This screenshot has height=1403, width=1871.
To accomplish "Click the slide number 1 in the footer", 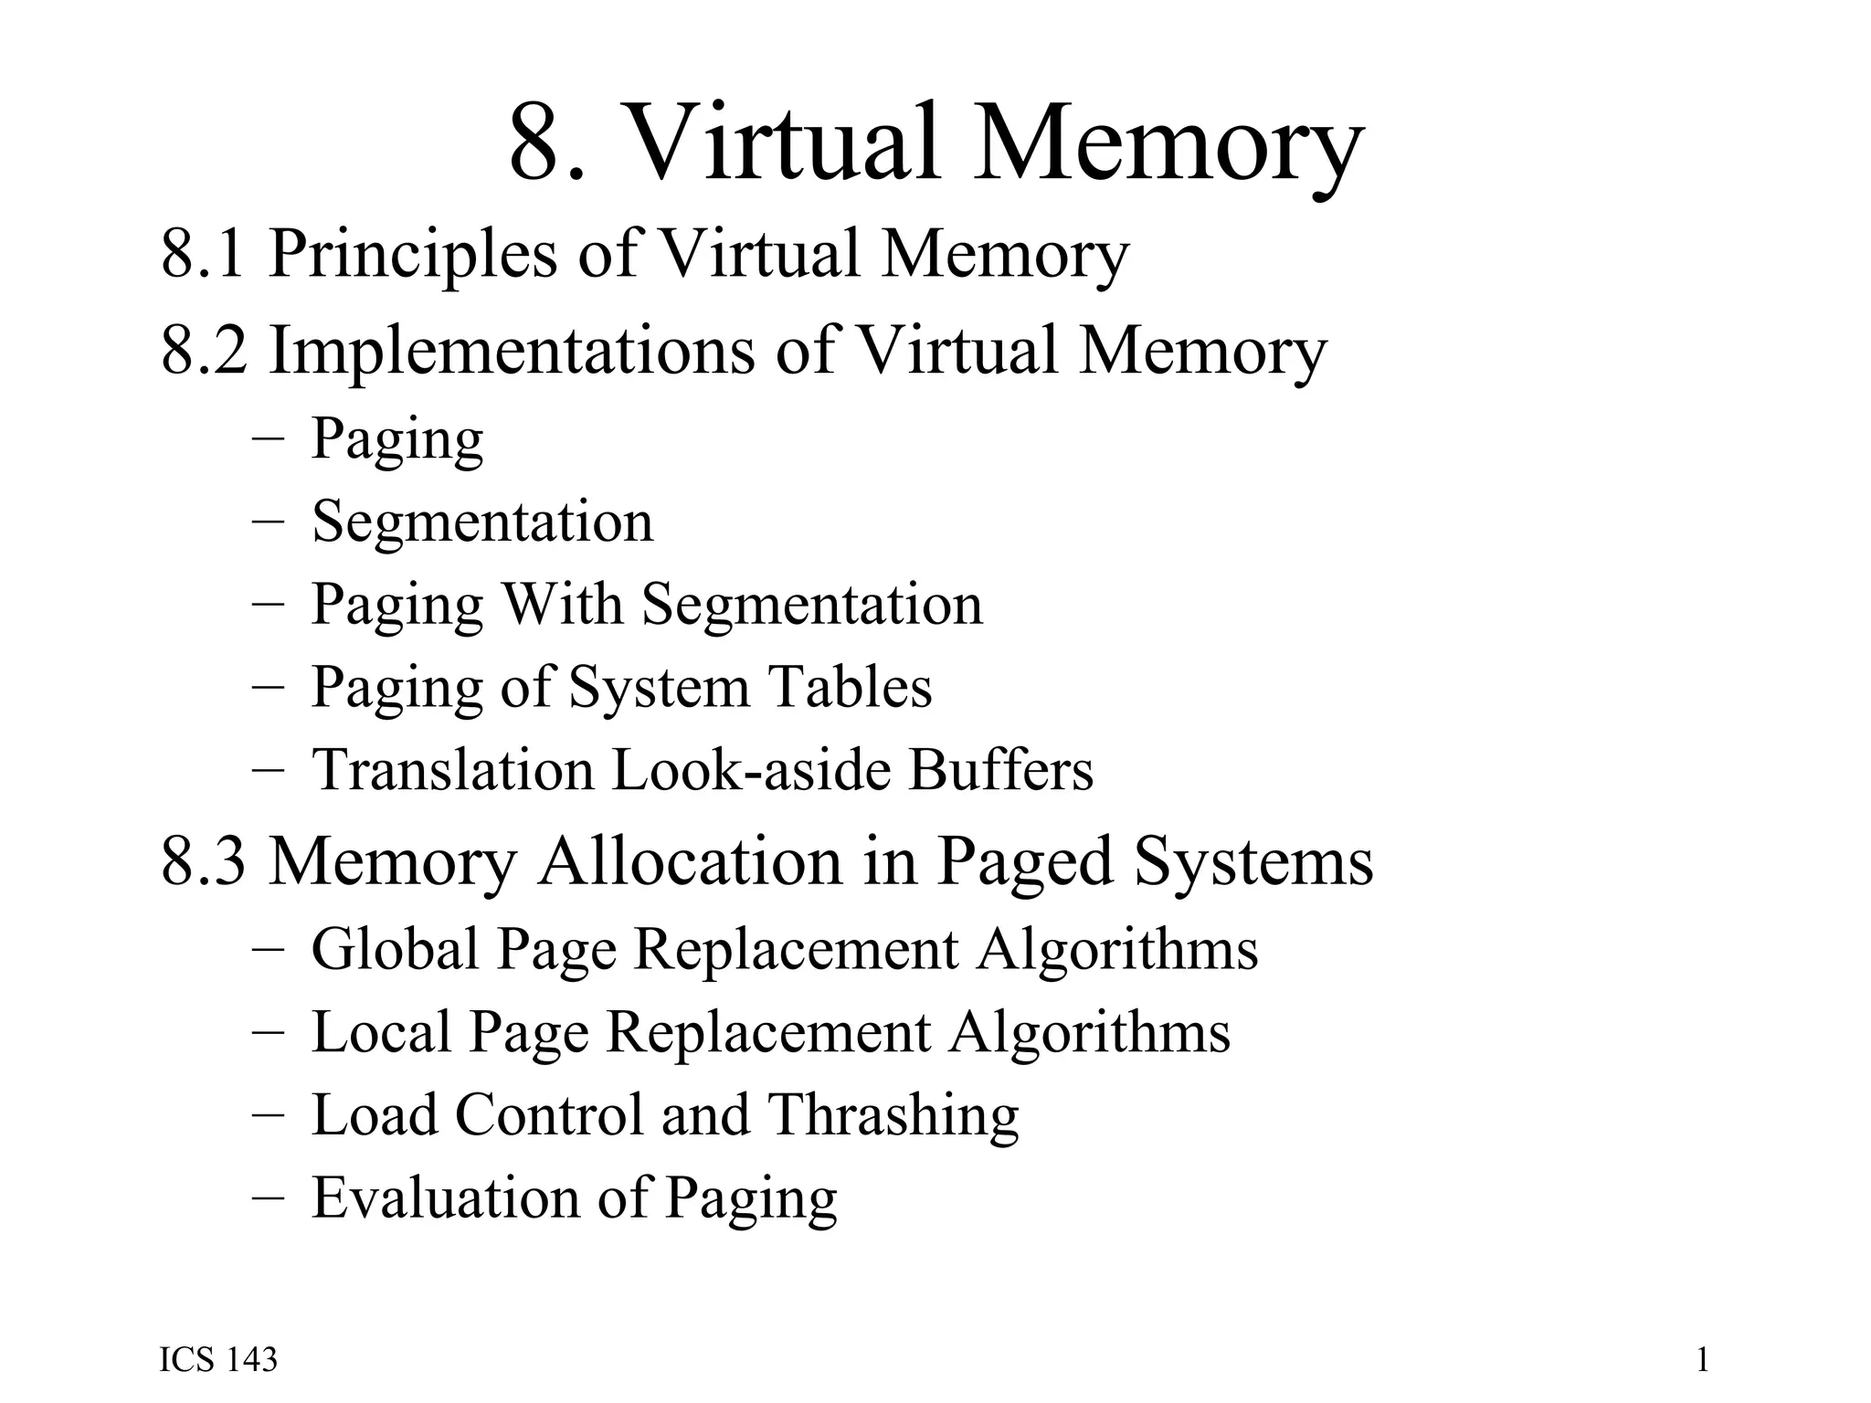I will coord(1702,1360).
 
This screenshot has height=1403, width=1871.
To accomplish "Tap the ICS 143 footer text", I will coord(218,1360).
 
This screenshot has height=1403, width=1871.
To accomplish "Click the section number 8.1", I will coord(203,254).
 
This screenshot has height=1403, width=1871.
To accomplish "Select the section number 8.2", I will coord(204,350).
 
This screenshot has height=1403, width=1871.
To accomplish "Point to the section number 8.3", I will coord(204,860).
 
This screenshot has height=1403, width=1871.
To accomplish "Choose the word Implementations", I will coord(512,352).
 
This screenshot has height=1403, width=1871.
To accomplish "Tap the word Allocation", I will coord(690,860).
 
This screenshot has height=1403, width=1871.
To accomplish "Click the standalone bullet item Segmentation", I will coord(482,522).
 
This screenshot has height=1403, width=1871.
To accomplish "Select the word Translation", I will coord(453,769).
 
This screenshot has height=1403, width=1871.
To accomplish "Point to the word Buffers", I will coord(1000,769).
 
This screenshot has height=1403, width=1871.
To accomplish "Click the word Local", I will coord(382,1032).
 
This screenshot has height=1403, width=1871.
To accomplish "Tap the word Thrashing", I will coord(893,1115).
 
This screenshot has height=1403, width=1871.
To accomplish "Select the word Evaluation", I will coord(445,1197).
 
